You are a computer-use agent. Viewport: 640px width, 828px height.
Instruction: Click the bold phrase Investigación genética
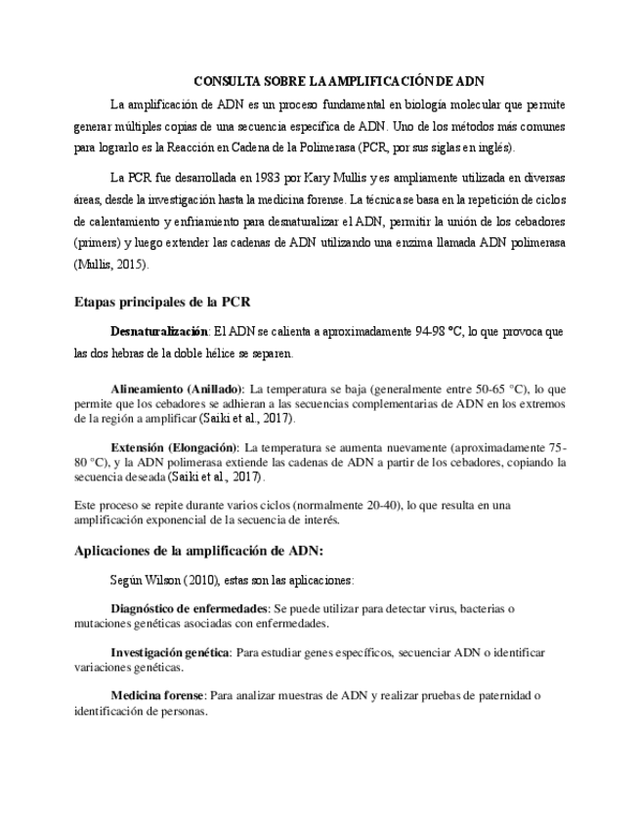point(170,651)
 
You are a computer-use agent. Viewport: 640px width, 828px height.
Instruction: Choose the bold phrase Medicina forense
point(156,695)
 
